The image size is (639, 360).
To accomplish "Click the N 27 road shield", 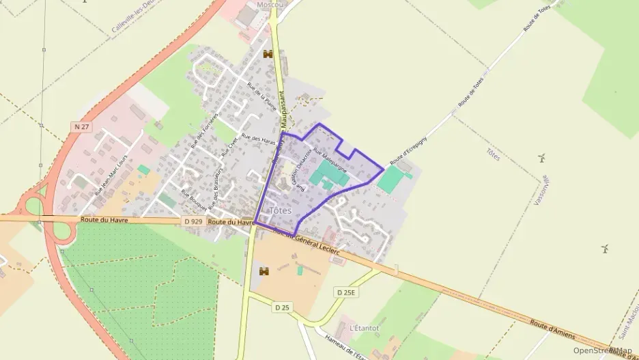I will (81, 126).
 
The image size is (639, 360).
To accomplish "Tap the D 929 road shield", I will (193, 222).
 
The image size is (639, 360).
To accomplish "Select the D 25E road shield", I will (346, 292).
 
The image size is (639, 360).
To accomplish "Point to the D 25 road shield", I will (282, 307).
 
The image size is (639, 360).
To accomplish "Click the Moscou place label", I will (270, 5).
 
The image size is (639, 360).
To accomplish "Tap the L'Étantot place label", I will (364, 328).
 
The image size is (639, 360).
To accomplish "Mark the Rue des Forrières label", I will (204, 130).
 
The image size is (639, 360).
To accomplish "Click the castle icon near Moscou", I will (268, 54).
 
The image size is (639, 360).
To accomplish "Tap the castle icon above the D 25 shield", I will (264, 271).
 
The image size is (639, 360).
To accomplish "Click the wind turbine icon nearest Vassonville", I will (541, 158).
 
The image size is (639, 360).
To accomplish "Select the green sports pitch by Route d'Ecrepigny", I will (391, 178).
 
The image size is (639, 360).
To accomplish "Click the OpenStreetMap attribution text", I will (603, 350).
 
